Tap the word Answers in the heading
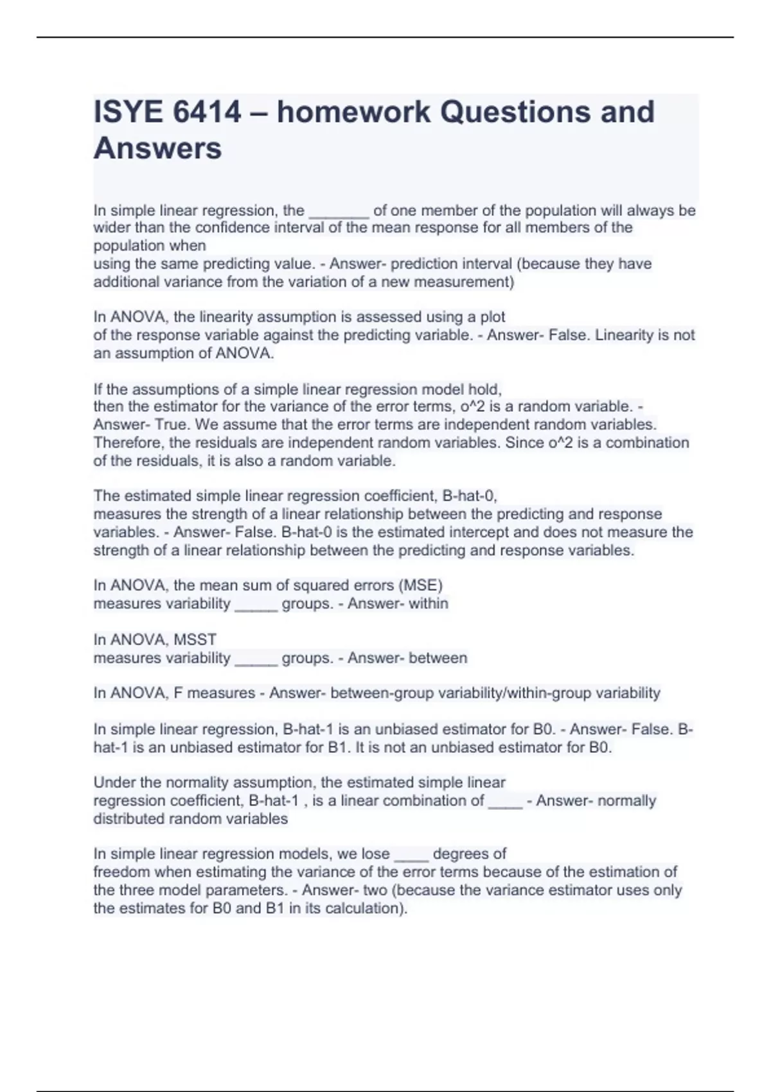[x=157, y=148]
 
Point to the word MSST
[x=195, y=639]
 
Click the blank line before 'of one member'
[x=339, y=212]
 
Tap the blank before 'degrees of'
[x=411, y=856]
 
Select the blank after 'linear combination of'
[x=506, y=802]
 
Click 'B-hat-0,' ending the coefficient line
[x=470, y=496]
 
